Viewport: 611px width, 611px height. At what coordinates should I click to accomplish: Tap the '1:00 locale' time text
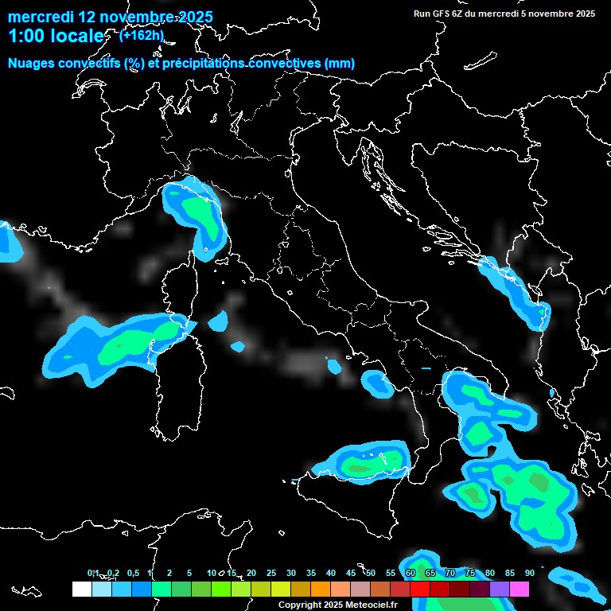56,36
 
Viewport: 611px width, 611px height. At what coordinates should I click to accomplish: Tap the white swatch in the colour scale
81,589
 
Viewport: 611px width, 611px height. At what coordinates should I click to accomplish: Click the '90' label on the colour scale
530,573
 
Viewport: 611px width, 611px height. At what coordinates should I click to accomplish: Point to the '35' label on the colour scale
311,573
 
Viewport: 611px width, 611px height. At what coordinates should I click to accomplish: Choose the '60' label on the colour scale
411,573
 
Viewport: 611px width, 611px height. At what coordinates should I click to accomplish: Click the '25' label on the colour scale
271,573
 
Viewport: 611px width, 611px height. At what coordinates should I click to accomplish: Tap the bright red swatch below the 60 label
420,589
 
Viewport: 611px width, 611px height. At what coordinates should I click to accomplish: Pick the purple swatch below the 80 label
500,589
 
